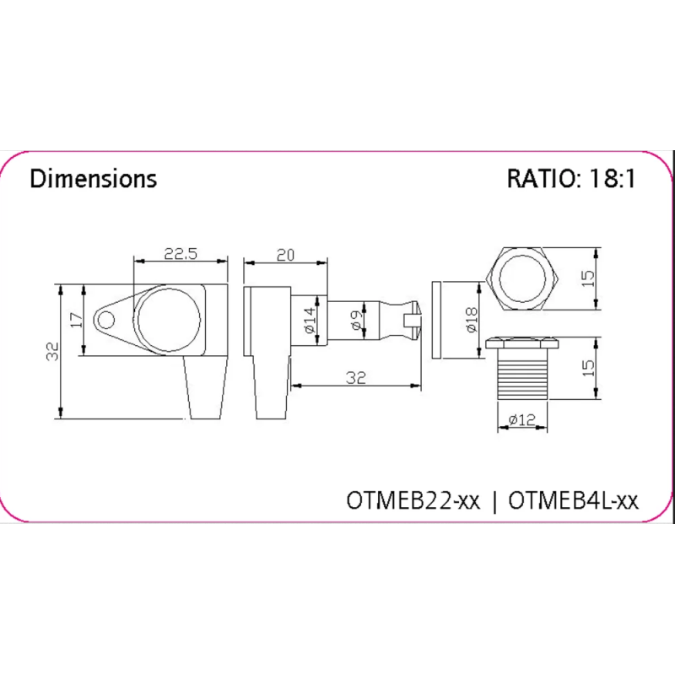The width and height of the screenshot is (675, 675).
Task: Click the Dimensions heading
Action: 93,179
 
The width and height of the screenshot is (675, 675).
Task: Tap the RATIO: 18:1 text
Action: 571,179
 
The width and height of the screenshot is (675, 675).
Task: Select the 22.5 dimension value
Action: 181,254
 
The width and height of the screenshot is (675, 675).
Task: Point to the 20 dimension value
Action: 285,256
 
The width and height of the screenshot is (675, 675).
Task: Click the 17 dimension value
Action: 77,320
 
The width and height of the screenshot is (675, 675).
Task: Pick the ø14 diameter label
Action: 310,321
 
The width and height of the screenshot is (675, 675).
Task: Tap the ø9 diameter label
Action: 357,321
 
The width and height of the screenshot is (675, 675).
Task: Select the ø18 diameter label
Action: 472,320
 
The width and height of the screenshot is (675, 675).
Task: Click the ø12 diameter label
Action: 521,418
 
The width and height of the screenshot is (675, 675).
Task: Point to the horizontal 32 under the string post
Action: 356,377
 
